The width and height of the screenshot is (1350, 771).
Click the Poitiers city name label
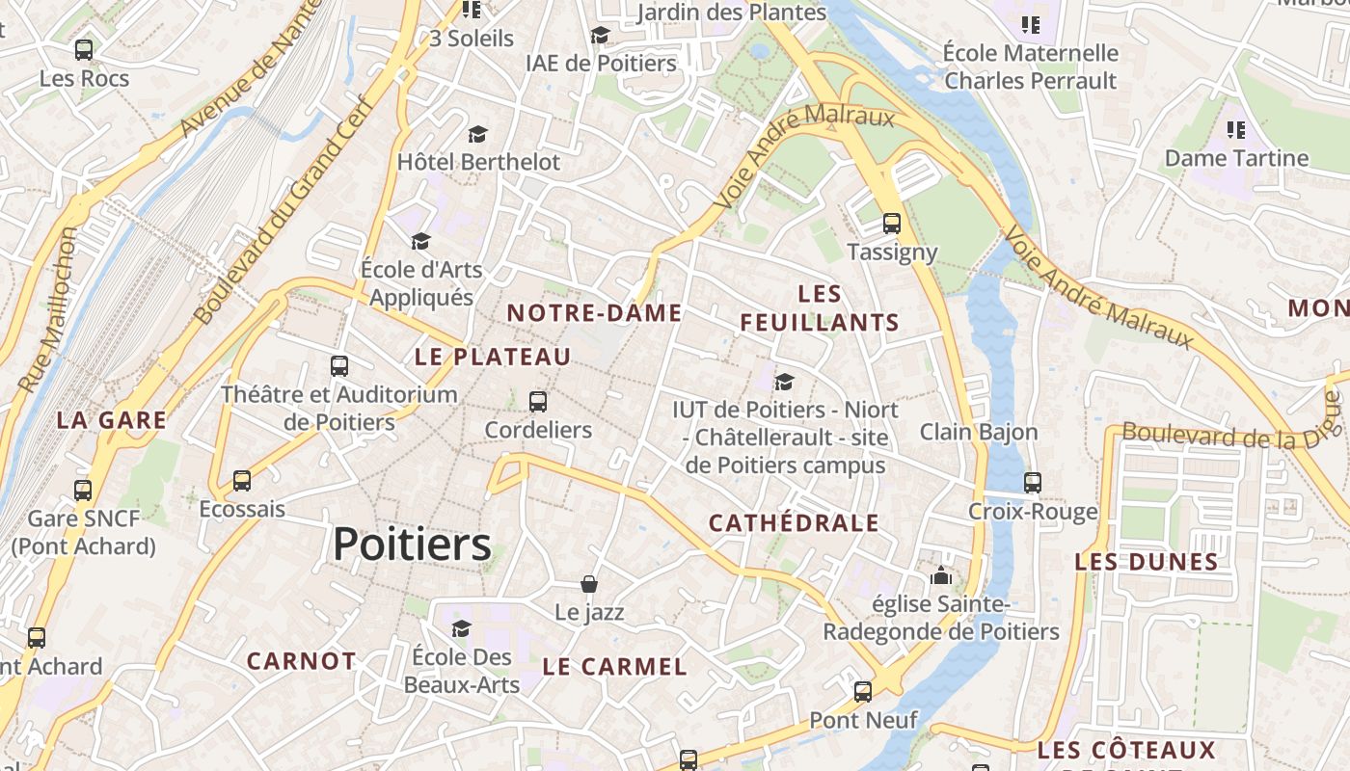click(x=412, y=545)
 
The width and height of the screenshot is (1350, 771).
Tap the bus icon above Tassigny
click(x=892, y=224)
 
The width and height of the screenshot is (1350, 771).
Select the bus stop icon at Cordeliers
click(x=538, y=401)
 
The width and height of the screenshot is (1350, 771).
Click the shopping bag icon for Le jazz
click(x=589, y=584)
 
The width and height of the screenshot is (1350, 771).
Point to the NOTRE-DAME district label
click(x=594, y=313)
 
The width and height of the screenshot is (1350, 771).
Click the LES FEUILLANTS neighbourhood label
click(x=820, y=308)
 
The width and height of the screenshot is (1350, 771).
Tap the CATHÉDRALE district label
click(x=794, y=523)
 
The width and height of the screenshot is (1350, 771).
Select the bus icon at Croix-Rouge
click(x=1033, y=482)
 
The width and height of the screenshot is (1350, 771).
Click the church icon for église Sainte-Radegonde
click(x=940, y=576)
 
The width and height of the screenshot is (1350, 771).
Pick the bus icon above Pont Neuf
click(x=863, y=691)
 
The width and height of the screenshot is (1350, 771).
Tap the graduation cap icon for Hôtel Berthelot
click(x=478, y=134)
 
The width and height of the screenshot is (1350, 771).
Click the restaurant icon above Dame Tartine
click(x=1236, y=129)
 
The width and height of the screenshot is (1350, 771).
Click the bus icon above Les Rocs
click(x=84, y=49)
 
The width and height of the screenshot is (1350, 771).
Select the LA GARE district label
click(x=111, y=420)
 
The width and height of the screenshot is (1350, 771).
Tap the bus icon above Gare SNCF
click(x=83, y=490)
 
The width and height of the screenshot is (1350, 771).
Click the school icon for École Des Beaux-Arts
click(x=461, y=628)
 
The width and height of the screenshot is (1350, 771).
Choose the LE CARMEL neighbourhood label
click(x=614, y=667)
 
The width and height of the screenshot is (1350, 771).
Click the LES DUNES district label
click(x=1147, y=562)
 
